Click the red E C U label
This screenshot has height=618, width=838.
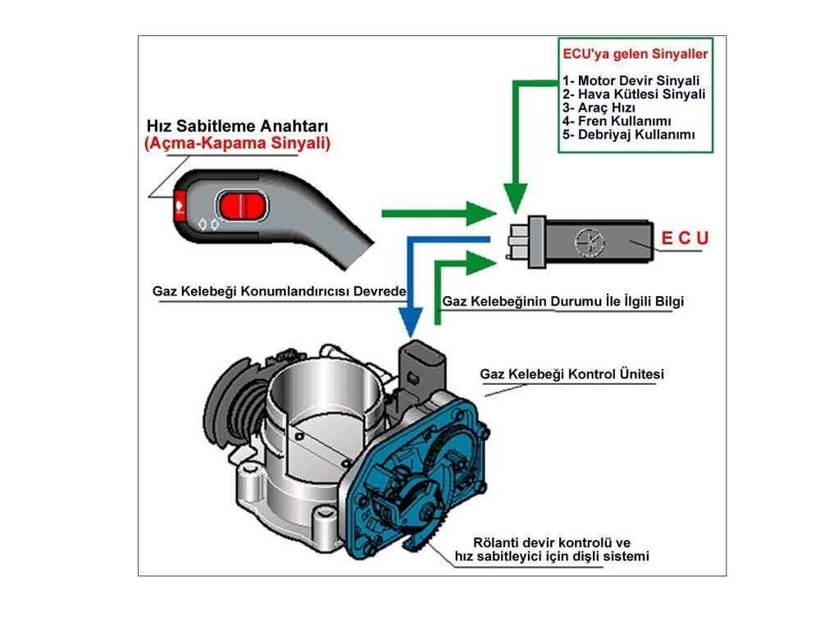pos(685,239)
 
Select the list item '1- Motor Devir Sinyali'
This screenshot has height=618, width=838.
pos(631,80)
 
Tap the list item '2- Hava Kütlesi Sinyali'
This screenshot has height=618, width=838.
pos(633,94)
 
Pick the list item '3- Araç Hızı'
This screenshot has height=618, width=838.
pos(599,108)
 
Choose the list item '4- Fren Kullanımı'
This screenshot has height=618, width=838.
pos(617,121)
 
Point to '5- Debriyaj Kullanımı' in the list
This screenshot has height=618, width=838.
pos(628,134)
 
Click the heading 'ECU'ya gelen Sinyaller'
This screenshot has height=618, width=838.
pos(635,55)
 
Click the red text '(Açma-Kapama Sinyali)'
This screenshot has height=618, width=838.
pos(237,144)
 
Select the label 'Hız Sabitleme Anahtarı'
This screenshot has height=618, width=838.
pos(237,126)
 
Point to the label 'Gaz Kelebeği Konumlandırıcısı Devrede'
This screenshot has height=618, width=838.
pos(280,291)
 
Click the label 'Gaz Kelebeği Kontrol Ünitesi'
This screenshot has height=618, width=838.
pos(572,374)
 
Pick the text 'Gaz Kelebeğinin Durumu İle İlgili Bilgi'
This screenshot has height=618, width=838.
pos(562,301)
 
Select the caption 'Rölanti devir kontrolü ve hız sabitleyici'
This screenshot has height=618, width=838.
pos(552,549)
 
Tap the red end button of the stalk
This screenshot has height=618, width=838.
pos(179,203)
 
